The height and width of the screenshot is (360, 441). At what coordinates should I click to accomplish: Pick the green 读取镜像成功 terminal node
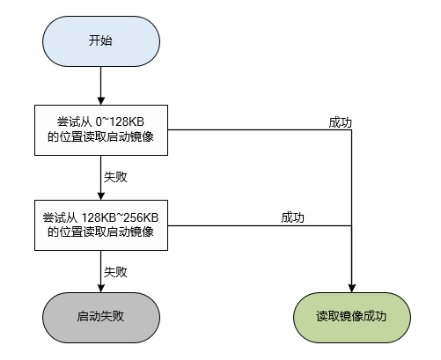click(x=351, y=314)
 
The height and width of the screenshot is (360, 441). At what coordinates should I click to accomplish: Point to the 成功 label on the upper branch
click(x=341, y=122)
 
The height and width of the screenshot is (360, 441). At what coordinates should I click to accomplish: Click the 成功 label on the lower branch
click(x=293, y=217)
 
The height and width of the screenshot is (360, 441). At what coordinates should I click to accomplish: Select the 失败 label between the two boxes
click(x=115, y=177)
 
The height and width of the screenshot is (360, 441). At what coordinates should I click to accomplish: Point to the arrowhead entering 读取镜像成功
click(x=352, y=288)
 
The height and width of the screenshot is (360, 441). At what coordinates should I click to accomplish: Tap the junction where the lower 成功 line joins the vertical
click(x=352, y=224)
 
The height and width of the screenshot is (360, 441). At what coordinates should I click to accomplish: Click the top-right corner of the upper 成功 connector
click(x=352, y=131)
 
